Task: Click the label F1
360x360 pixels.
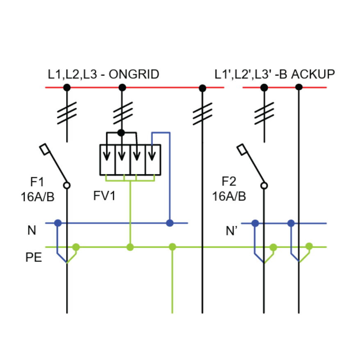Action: (37, 182)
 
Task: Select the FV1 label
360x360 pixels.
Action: (105, 196)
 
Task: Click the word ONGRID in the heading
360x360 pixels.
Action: (134, 74)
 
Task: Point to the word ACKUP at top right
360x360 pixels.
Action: (313, 74)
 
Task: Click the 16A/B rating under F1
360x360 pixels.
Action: (38, 197)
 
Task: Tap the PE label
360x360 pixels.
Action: (34, 258)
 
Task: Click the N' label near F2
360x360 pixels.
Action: (232, 231)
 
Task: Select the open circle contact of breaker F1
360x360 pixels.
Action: (67, 185)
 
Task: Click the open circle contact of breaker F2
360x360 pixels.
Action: (264, 185)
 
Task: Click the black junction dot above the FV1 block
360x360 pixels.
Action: (121, 132)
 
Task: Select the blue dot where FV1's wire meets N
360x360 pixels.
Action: (169, 223)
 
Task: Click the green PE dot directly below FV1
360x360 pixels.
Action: (130, 247)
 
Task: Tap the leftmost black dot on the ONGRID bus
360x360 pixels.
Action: (67, 87)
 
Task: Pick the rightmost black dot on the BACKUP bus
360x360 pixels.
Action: (299, 87)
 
